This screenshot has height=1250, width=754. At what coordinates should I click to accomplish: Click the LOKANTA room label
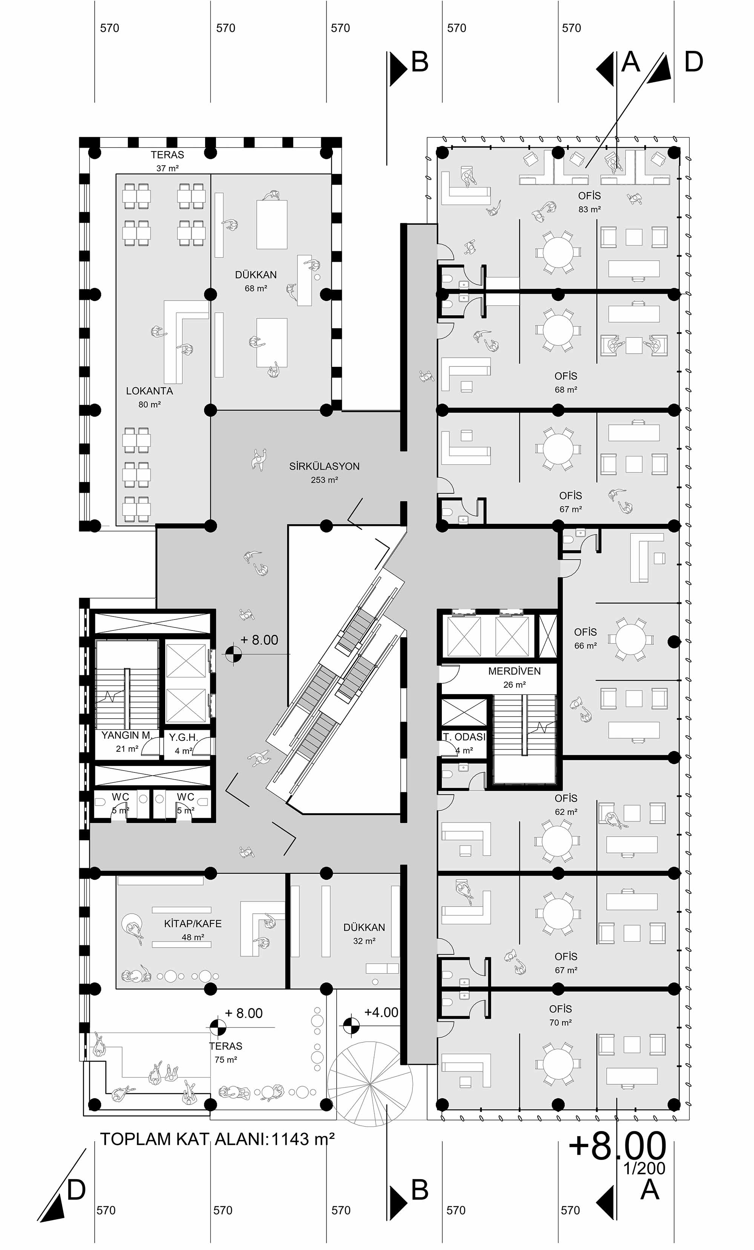[149, 391]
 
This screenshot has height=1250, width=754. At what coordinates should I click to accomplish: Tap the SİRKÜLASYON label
[325, 466]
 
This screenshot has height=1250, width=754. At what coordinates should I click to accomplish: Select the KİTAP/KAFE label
[193, 924]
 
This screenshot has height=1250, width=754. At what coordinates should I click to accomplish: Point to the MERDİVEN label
[514, 671]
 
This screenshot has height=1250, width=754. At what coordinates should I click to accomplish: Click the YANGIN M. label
[127, 735]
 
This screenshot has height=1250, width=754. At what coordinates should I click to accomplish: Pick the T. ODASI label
[464, 737]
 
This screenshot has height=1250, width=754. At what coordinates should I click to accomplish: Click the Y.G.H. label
[183, 738]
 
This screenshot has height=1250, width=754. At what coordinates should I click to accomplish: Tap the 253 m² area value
[325, 480]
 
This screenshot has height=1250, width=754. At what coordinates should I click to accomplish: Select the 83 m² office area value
[590, 209]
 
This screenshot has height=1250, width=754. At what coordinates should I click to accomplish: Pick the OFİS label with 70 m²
[561, 1009]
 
